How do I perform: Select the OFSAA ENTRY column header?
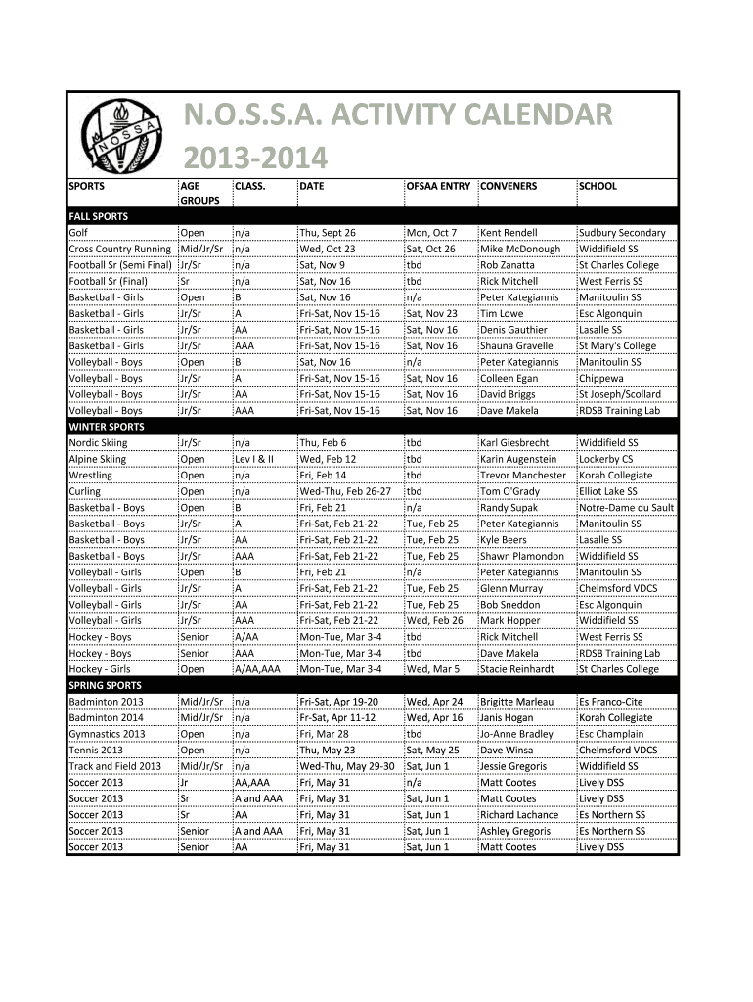pyautogui.click(x=438, y=185)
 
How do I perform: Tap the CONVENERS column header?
pyautogui.click(x=509, y=185)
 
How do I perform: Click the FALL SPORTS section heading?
pyautogui.click(x=98, y=216)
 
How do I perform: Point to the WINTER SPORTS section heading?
pyautogui.click(x=106, y=427)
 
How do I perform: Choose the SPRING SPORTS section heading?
pyautogui.click(x=105, y=686)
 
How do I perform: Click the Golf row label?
pyautogui.click(x=79, y=233)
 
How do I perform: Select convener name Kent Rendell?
pyautogui.click(x=509, y=233)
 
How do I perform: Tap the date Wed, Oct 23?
pyautogui.click(x=328, y=249)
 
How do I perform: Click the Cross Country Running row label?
pyautogui.click(x=119, y=249)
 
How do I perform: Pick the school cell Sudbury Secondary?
pyautogui.click(x=622, y=233)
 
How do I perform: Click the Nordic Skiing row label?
pyautogui.click(x=98, y=443)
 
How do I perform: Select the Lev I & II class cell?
pyautogui.click(x=254, y=459)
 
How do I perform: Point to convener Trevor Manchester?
pyautogui.click(x=523, y=476)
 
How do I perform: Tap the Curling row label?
pyautogui.click(x=85, y=491)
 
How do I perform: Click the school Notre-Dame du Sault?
pyautogui.click(x=626, y=508)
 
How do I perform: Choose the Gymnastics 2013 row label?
pyautogui.click(x=108, y=734)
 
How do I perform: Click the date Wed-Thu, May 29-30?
pyautogui.click(x=347, y=766)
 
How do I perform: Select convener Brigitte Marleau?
pyautogui.click(x=517, y=702)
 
